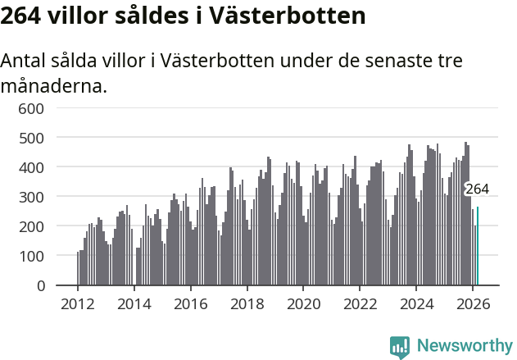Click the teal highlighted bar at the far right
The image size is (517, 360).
pyautogui.click(x=478, y=246)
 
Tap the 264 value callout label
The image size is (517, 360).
pyautogui.click(x=477, y=189)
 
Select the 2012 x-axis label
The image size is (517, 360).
pyautogui.click(x=78, y=303)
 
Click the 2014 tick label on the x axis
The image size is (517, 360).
pyautogui.click(x=134, y=303)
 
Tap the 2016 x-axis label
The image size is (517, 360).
pyautogui.click(x=191, y=303)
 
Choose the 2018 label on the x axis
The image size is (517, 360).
pyautogui.click(x=247, y=303)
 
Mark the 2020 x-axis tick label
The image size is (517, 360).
pyautogui.click(x=303, y=303)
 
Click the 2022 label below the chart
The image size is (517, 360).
pyautogui.click(x=360, y=303)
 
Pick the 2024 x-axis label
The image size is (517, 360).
pyautogui.click(x=416, y=303)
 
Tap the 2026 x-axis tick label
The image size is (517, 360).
pyautogui.click(x=473, y=303)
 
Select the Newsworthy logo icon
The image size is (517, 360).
pyautogui.click(x=400, y=346)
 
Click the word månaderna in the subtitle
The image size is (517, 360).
pyautogui.click(x=53, y=85)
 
